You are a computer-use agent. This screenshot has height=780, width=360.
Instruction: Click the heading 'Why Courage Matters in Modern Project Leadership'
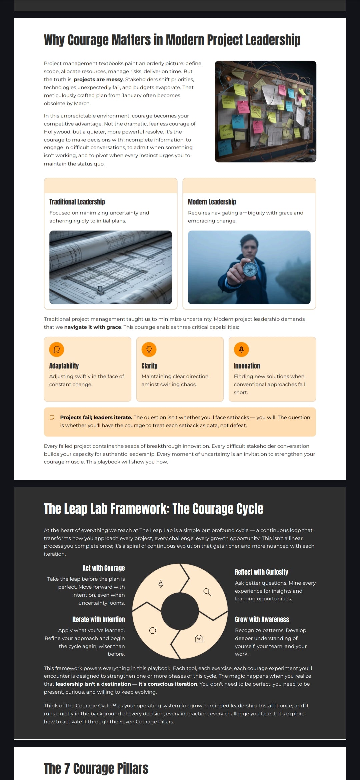point(172,40)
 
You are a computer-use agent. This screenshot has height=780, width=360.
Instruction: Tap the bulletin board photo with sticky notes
point(265,111)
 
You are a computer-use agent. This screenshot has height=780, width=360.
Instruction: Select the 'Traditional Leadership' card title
point(77,202)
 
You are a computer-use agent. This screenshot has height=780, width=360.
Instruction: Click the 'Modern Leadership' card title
point(212,202)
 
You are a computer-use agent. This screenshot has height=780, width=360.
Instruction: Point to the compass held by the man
point(250,269)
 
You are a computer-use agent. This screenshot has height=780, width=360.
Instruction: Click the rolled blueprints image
point(111,267)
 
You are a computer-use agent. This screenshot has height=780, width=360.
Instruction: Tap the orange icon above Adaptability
point(57,349)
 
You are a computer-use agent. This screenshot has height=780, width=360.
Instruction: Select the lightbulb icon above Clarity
point(149,349)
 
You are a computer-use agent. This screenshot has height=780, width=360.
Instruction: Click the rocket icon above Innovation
point(241,349)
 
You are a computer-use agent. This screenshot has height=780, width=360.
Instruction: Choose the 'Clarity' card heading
point(149,366)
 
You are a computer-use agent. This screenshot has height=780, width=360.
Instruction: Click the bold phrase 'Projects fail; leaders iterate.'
point(96,417)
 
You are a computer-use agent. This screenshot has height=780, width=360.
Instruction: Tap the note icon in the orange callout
point(52,417)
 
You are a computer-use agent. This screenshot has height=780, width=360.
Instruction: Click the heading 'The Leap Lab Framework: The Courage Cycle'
point(154,509)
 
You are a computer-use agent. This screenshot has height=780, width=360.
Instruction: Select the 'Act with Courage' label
point(104,568)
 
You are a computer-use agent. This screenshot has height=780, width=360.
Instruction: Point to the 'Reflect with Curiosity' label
point(261,572)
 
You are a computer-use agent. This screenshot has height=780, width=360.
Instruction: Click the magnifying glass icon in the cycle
point(207,592)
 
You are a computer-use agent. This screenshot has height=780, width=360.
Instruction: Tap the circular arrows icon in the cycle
point(153,630)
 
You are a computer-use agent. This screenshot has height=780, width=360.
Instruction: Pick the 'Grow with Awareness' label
point(262,619)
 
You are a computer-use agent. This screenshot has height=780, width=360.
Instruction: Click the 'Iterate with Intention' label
point(99,619)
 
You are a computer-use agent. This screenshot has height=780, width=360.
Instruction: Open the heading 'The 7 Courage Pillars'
point(96,768)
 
